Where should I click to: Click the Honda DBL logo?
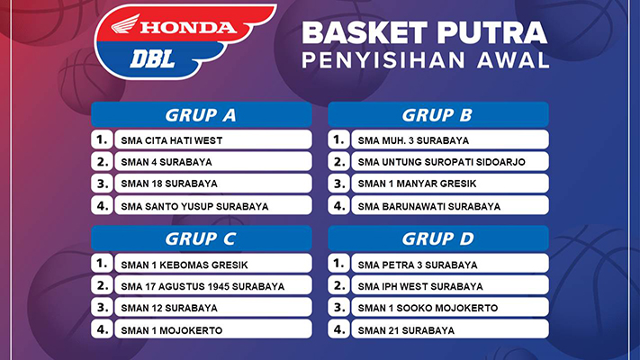pyautogui.click(x=185, y=40)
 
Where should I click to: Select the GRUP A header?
pyautogui.click(x=202, y=114)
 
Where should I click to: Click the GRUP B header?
pyautogui.click(x=438, y=114)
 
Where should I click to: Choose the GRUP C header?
pyautogui.click(x=202, y=238)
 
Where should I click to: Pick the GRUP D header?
pyautogui.click(x=438, y=238)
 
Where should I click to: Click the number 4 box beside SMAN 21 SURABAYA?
pyautogui.click(x=338, y=329)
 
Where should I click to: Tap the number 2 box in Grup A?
pyautogui.click(x=102, y=161)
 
